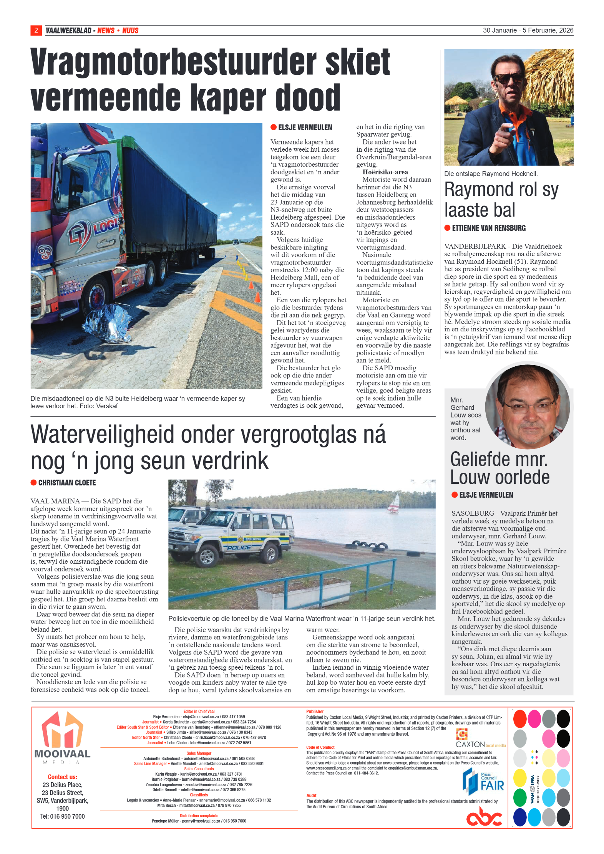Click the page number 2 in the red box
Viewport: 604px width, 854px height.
click(36, 30)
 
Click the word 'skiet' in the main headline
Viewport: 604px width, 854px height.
click(357, 62)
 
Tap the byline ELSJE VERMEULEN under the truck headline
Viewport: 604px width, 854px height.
click(305, 127)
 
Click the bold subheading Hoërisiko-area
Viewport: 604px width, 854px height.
click(385, 172)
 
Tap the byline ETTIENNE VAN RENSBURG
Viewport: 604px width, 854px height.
click(488, 228)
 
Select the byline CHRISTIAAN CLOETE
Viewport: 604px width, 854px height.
click(67, 483)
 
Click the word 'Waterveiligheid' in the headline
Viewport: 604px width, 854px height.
click(103, 435)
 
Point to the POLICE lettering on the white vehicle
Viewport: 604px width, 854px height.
click(239, 547)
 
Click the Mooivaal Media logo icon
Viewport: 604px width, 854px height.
click(62, 731)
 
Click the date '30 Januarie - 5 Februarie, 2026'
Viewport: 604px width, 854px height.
click(528, 30)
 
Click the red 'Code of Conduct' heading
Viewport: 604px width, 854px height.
click(320, 747)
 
